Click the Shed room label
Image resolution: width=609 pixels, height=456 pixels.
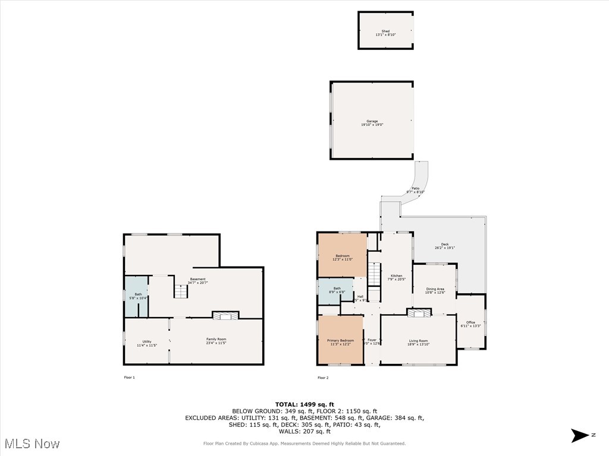coord(385,33)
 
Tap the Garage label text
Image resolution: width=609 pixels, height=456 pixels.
coord(372,123)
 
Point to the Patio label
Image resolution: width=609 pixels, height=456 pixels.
coord(415,190)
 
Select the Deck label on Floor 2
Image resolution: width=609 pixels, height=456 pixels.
coord(445,246)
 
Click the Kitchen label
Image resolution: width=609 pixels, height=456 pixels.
coord(396,277)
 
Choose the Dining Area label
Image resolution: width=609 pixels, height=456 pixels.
coord(435,290)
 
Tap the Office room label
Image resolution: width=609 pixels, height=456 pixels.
coord(470,324)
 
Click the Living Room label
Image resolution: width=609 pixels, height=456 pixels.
coord(418,342)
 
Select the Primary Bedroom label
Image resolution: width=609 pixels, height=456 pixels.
coord(340,342)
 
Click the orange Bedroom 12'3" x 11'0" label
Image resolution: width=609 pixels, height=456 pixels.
coord(342,257)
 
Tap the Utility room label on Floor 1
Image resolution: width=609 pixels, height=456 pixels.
coord(146,343)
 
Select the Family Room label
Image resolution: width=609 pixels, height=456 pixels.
coord(216,341)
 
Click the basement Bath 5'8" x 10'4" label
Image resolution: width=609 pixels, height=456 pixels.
coord(138,296)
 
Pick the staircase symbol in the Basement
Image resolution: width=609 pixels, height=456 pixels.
coord(181,292)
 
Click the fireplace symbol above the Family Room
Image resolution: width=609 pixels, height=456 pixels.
coord(225,316)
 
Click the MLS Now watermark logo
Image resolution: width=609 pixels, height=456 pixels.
coord(32,444)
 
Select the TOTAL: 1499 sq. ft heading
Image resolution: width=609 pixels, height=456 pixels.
coord(304,404)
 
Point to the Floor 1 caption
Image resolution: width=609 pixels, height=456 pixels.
coord(129,378)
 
